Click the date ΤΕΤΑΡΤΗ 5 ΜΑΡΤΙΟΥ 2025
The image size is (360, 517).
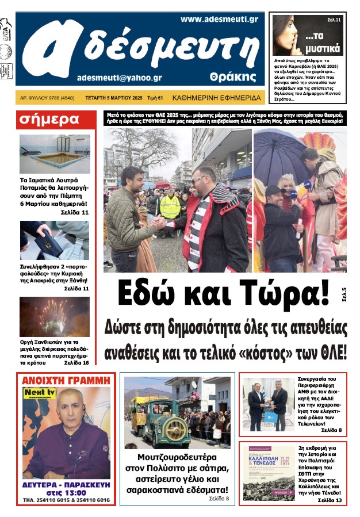click(114, 98)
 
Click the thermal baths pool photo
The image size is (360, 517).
click(55, 154)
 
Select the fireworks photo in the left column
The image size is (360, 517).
click(55, 316)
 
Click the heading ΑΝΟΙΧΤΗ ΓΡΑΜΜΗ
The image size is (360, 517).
click(66, 380)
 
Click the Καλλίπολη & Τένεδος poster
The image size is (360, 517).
click(269, 473)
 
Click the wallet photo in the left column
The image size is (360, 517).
click(55, 240)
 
